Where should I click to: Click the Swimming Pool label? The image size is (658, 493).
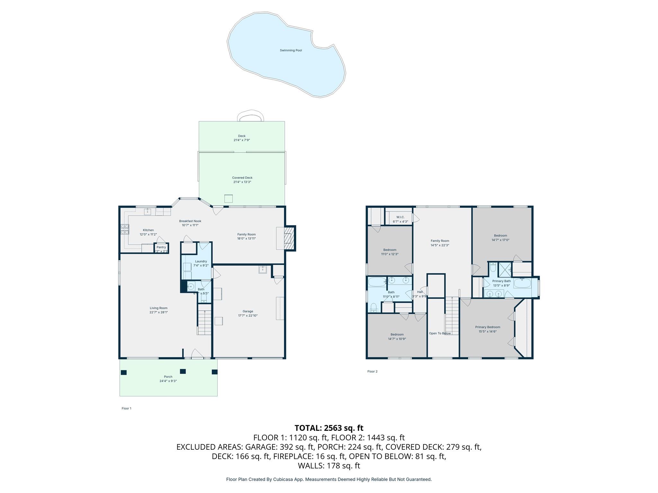[x=290, y=50]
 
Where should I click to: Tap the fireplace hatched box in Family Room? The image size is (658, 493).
[x=289, y=238]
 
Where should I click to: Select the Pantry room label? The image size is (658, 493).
[x=161, y=247]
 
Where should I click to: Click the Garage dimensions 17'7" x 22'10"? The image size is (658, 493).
[x=248, y=316]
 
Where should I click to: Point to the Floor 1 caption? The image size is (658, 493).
[x=126, y=409]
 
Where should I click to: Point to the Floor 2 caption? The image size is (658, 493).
[x=372, y=371]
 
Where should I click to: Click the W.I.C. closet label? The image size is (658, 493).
[x=400, y=217]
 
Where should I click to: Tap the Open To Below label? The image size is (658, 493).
[x=440, y=333]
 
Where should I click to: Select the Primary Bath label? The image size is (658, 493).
[x=501, y=281]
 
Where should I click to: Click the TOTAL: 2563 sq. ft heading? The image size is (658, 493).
[x=329, y=428]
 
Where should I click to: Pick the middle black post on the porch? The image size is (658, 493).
[x=183, y=371]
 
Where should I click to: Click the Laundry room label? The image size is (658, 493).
[x=201, y=261]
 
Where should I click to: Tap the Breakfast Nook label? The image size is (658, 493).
[x=190, y=221]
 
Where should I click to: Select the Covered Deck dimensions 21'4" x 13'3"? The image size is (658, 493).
[x=242, y=182]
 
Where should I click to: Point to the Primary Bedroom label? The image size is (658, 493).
[x=487, y=327]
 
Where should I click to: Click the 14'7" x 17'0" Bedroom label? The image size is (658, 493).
[x=500, y=236]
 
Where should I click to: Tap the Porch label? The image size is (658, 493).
[x=168, y=377]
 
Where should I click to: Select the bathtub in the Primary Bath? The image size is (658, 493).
[x=522, y=283]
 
